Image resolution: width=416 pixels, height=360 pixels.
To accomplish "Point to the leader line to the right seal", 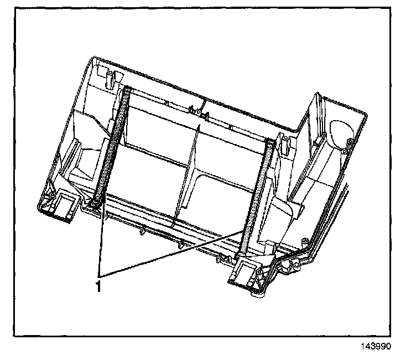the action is click(177, 250).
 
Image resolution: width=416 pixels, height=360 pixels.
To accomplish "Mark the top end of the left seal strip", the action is click(126, 90).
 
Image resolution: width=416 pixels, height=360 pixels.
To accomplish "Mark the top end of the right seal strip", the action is click(270, 143).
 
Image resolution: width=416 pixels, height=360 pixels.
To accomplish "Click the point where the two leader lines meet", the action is click(100, 275).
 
